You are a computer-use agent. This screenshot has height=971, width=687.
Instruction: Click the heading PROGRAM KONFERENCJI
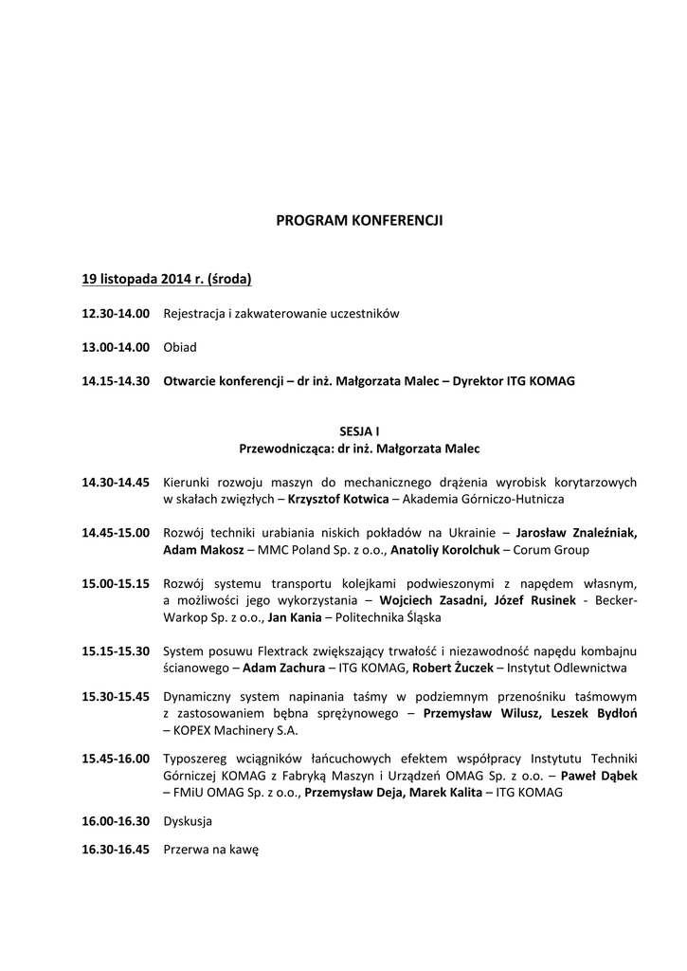pyautogui.click(x=359, y=221)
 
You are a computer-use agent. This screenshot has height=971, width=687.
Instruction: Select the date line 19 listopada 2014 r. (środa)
pyautogui.click(x=166, y=280)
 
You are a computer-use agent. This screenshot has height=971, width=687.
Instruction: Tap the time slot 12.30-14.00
pyautogui.click(x=116, y=314)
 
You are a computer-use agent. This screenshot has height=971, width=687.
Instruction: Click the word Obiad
pyautogui.click(x=180, y=347)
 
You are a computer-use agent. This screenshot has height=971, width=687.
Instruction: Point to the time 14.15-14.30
pyautogui.click(x=116, y=381)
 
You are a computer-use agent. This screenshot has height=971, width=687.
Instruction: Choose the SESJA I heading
pyautogui.click(x=358, y=431)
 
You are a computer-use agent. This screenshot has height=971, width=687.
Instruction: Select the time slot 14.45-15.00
pyautogui.click(x=116, y=533)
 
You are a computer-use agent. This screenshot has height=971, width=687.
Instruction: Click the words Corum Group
pyautogui.click(x=554, y=550)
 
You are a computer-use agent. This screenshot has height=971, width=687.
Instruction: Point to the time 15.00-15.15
pyautogui.click(x=116, y=583)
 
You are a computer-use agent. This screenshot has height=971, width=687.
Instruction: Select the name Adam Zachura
pyautogui.click(x=280, y=669)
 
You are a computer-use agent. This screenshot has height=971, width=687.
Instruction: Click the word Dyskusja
pyautogui.click(x=188, y=821)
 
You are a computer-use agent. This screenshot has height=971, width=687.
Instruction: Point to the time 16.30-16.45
pyautogui.click(x=116, y=850)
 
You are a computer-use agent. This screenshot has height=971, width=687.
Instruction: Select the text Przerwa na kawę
pyautogui.click(x=210, y=850)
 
